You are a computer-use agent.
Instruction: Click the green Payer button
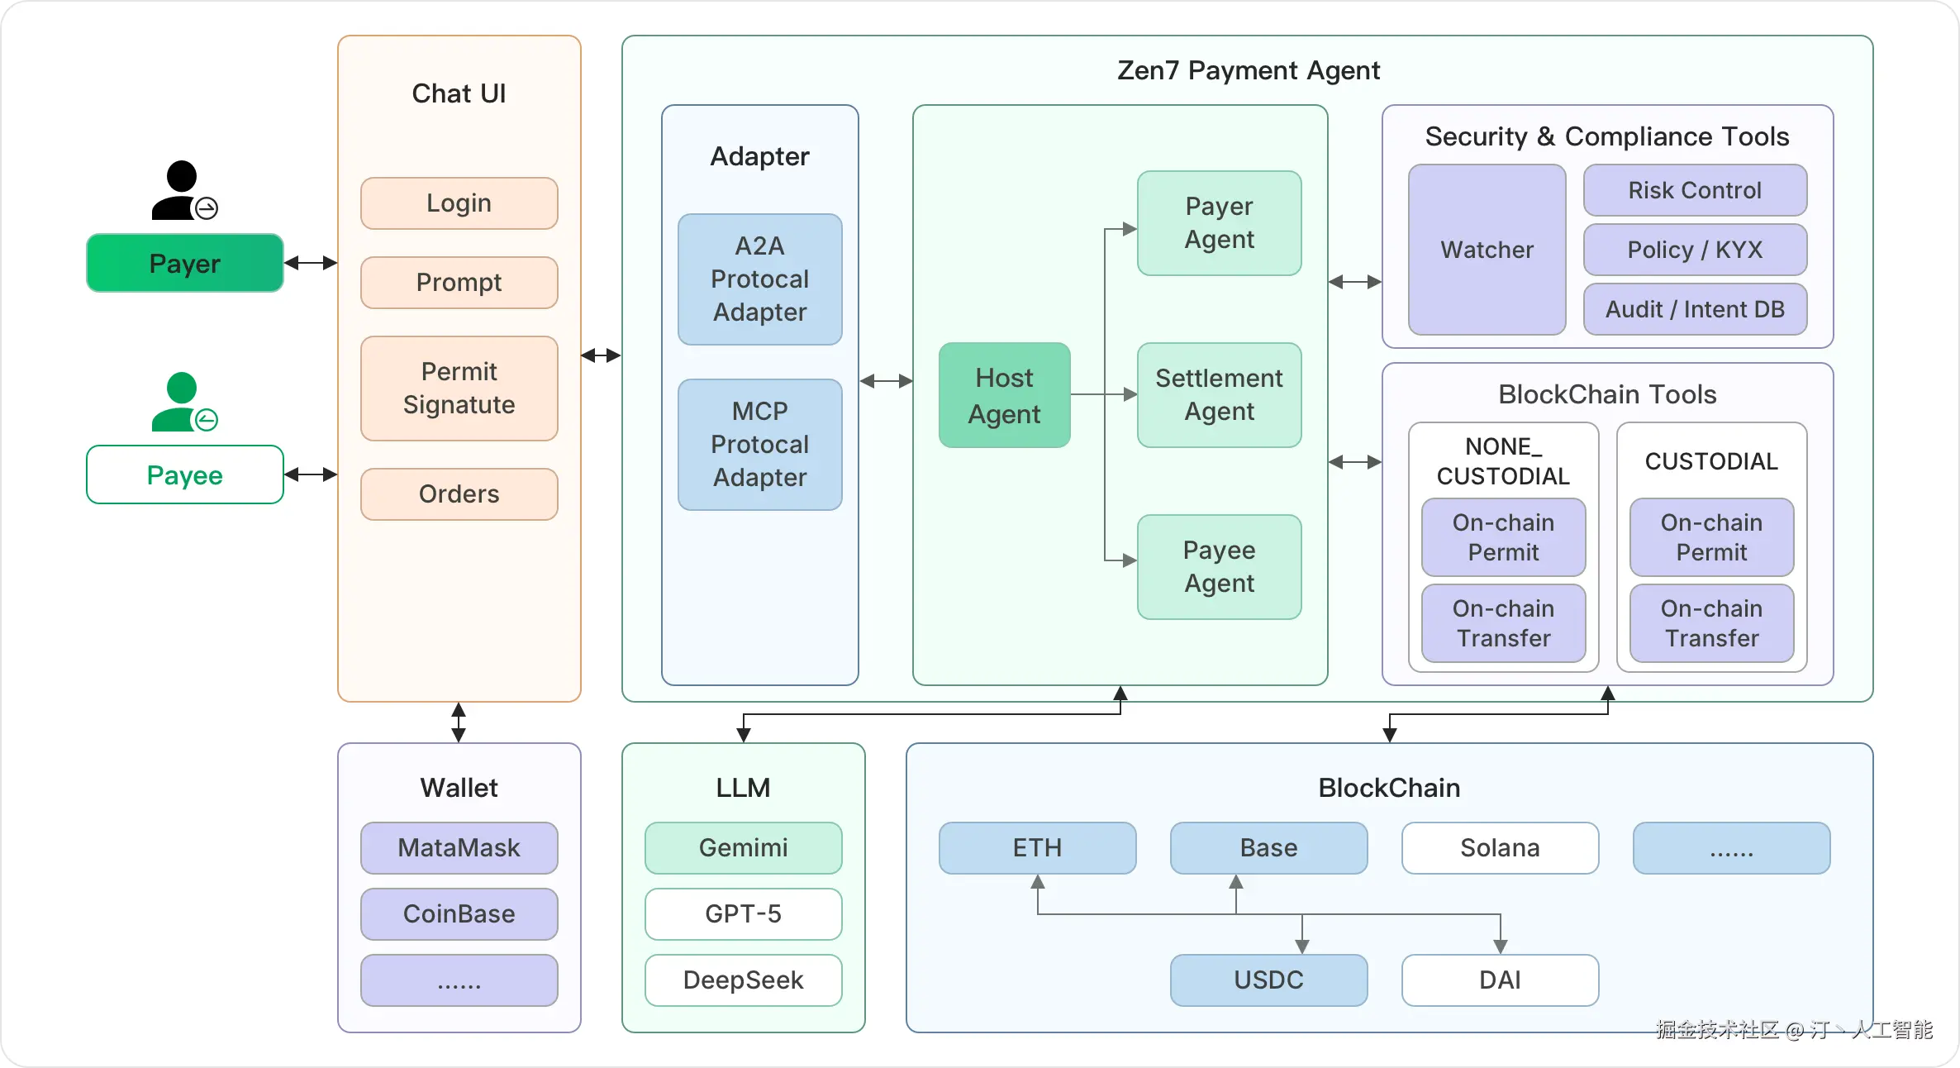[x=184, y=263]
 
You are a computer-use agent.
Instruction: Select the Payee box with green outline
[x=184, y=474]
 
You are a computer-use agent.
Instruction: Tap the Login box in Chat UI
[x=459, y=203]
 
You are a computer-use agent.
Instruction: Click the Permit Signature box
[x=459, y=388]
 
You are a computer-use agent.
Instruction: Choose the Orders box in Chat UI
[x=459, y=493]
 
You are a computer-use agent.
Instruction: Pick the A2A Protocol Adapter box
[x=759, y=279]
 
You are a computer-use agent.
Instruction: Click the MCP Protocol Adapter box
[x=759, y=444]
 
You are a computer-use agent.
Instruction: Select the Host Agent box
[x=1004, y=395]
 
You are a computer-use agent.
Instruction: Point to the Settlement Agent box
[x=1219, y=394]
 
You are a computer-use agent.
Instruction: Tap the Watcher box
[x=1487, y=249]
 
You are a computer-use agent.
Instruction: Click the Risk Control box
[x=1695, y=190]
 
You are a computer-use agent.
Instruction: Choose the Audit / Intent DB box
[x=1695, y=309]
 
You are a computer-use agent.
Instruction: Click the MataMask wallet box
[x=459, y=847]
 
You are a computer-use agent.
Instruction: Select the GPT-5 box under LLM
[x=743, y=913]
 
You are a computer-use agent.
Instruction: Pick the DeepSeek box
[x=743, y=980]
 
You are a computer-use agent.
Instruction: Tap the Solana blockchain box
[x=1500, y=847]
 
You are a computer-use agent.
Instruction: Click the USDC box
[x=1268, y=980]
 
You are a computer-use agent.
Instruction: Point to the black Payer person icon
[x=183, y=190]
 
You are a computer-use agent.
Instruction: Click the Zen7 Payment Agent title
[x=1248, y=70]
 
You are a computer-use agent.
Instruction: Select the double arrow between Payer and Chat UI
[x=311, y=263]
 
